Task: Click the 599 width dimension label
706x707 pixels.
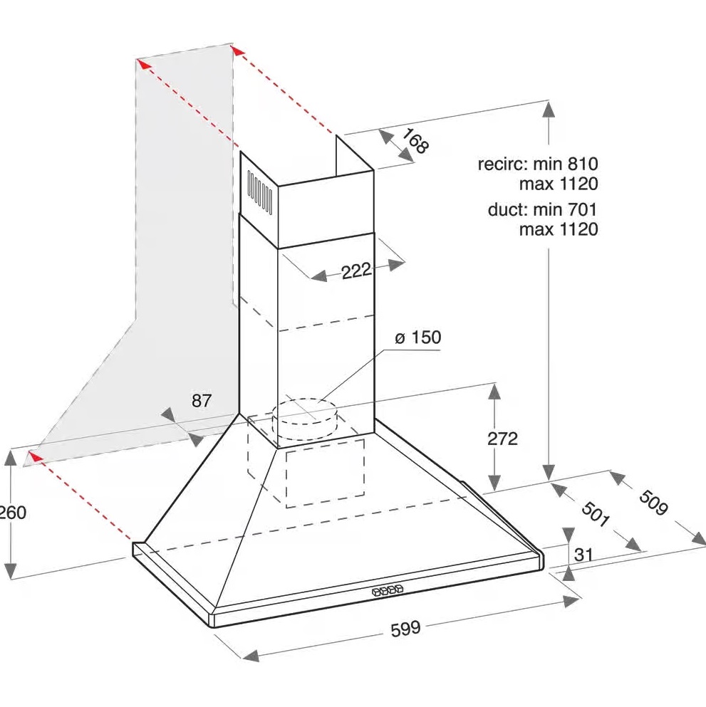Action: point(405,628)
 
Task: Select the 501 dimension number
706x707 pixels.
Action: point(595,513)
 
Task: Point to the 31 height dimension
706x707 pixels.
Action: point(583,554)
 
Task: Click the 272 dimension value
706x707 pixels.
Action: point(502,439)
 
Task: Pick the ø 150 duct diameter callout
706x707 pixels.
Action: point(417,337)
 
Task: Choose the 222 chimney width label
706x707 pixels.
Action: point(356,271)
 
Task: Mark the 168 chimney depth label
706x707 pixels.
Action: point(415,141)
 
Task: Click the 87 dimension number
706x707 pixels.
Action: point(201,400)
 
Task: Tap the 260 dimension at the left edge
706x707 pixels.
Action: point(13,512)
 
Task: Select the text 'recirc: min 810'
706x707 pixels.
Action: point(538,163)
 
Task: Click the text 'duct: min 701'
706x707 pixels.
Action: point(542,209)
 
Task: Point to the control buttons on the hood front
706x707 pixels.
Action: point(388,590)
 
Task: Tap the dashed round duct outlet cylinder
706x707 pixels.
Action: point(304,419)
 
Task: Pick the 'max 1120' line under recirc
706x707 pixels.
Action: point(559,184)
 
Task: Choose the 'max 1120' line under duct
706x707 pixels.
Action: point(559,229)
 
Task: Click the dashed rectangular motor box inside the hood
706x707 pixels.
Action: point(325,473)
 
